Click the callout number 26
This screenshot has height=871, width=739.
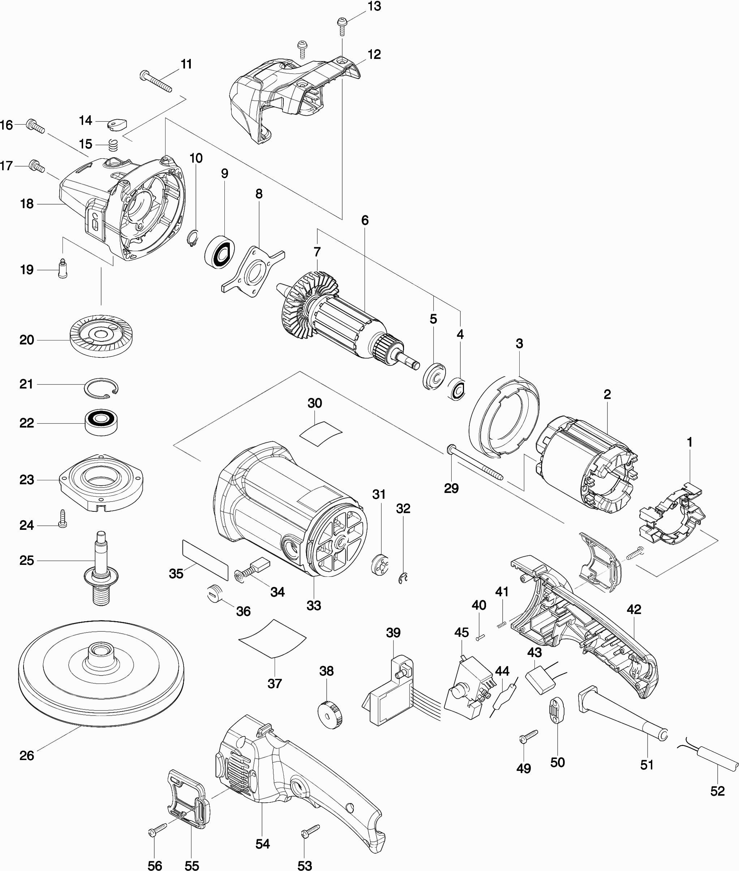[27, 755]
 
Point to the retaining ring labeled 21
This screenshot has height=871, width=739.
[102, 387]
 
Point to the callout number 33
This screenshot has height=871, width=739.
[314, 605]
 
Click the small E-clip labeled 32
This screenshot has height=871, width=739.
[403, 579]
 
